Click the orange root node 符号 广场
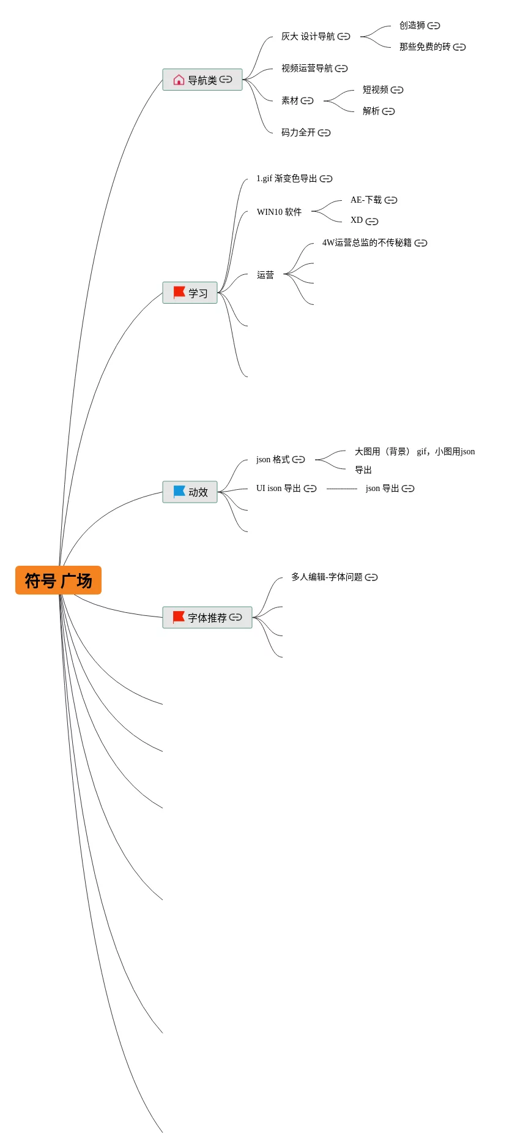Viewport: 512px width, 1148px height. point(58,580)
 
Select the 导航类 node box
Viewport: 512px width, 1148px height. point(202,80)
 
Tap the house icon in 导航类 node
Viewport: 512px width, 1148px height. point(179,80)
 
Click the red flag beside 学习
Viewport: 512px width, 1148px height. point(179,293)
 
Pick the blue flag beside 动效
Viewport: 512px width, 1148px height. point(179,492)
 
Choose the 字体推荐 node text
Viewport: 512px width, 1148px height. point(207,618)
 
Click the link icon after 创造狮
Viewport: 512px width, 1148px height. point(434,26)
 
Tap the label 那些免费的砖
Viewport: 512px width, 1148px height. point(425,47)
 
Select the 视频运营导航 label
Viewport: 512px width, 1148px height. point(306,69)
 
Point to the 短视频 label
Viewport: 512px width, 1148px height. point(375,90)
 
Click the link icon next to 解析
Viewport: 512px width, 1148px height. point(388,111)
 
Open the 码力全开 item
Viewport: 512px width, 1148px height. point(299,133)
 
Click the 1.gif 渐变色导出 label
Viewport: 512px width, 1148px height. point(286,179)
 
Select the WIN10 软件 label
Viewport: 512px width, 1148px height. point(279,212)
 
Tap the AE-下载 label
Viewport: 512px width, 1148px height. point(366,200)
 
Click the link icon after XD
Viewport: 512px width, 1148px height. point(372,222)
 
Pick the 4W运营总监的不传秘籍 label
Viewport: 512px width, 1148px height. point(366,243)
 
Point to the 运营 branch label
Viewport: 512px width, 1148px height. point(265,276)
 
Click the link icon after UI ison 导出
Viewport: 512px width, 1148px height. point(310,489)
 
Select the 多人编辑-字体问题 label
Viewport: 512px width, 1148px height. point(327,577)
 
